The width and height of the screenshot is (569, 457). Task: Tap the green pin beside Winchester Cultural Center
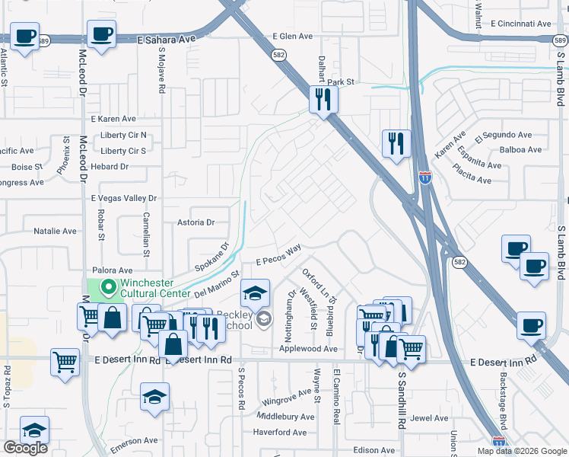(108, 287)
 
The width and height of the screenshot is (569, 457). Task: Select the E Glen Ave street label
(293, 36)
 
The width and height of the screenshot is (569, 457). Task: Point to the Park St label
(341, 81)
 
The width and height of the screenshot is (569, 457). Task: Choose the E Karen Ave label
(113, 119)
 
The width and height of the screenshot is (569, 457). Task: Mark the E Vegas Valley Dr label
(124, 198)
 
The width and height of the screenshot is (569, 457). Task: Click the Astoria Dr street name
(196, 222)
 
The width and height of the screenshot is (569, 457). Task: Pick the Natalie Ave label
(56, 231)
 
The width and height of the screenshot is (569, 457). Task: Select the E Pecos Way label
(279, 255)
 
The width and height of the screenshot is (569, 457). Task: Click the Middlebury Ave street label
(285, 417)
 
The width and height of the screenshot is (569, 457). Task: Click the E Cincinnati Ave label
(521, 24)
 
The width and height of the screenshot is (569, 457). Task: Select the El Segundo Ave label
(504, 135)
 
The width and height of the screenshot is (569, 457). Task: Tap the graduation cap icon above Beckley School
(255, 292)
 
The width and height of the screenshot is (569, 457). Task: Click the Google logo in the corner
(24, 449)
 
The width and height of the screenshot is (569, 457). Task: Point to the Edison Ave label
(374, 450)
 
